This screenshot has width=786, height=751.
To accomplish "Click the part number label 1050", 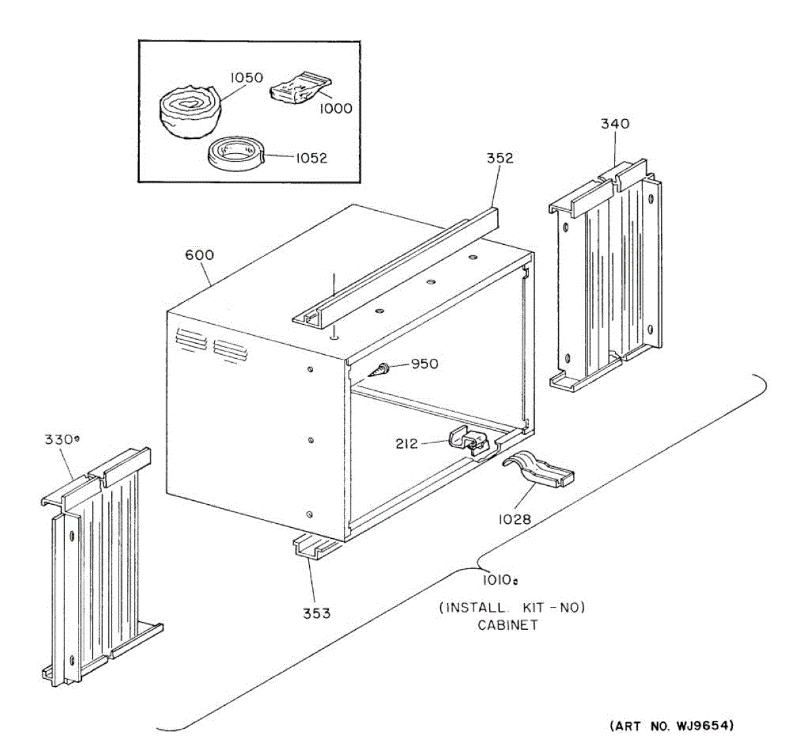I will click(246, 78).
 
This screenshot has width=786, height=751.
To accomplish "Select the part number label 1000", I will click(335, 109).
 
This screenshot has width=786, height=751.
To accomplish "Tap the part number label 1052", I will click(311, 158).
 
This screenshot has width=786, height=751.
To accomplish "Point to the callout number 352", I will click(500, 158).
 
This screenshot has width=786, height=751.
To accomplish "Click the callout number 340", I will click(615, 123).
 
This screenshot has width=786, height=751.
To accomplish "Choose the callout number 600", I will click(199, 255).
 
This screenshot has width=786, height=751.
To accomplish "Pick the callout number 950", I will click(424, 364).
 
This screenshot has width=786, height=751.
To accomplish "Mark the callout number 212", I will click(406, 444).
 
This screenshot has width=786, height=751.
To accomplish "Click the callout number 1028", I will click(514, 519).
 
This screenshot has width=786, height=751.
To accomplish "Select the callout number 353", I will click(316, 614).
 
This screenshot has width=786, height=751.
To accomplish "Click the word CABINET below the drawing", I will click(508, 625).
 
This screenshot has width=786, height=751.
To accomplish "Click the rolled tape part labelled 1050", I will click(190, 115).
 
